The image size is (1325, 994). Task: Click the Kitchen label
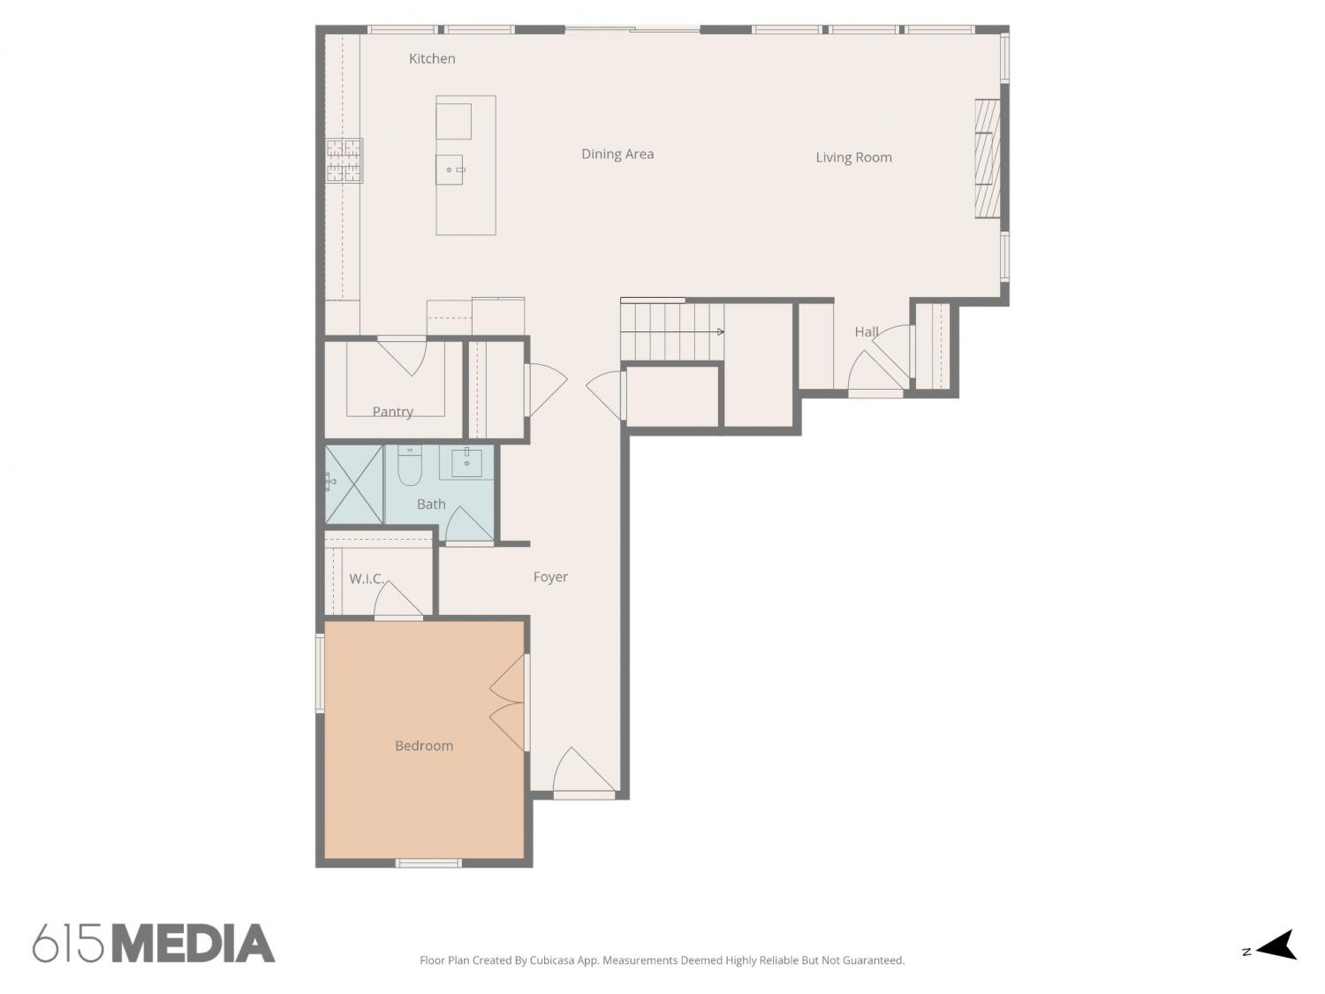pyautogui.click(x=432, y=58)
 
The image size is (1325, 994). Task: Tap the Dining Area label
pyautogui.click(x=617, y=154)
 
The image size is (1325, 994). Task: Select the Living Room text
pyautogui.click(x=853, y=157)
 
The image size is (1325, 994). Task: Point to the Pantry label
pyautogui.click(x=392, y=412)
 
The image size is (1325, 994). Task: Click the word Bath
pyautogui.click(x=431, y=504)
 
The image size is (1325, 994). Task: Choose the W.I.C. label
pyautogui.click(x=366, y=579)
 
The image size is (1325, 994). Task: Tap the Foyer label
pyautogui.click(x=550, y=577)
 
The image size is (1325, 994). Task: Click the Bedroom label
pyautogui.click(x=424, y=746)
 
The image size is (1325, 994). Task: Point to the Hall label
pyautogui.click(x=867, y=332)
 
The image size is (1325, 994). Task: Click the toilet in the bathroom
pyautogui.click(x=409, y=466)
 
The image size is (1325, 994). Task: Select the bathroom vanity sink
pyautogui.click(x=466, y=463)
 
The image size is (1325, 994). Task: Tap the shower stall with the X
pyautogui.click(x=353, y=484)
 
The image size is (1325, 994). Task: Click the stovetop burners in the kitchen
pyautogui.click(x=344, y=160)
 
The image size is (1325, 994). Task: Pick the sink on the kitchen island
pyautogui.click(x=450, y=170)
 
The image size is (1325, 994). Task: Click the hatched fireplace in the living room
pyautogui.click(x=988, y=159)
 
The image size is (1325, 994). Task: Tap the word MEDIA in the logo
pyautogui.click(x=194, y=943)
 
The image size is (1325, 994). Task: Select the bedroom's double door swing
pyautogui.click(x=507, y=702)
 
